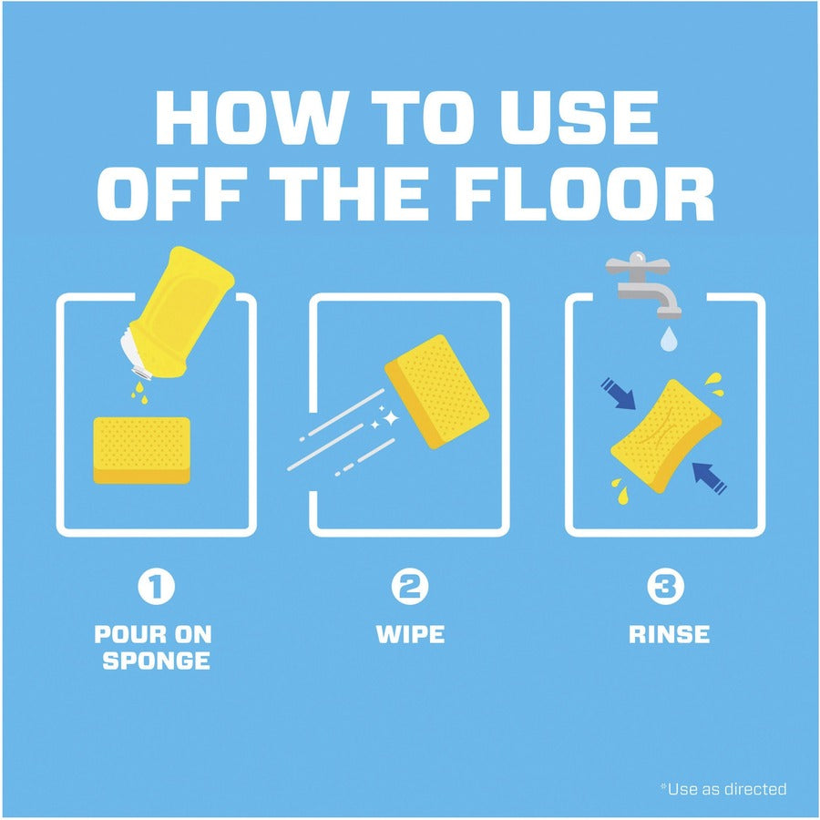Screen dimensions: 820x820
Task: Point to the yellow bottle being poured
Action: pos(178,313)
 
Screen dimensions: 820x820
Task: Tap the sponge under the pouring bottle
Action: pos(142,450)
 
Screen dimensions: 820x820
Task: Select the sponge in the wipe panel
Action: pos(436,392)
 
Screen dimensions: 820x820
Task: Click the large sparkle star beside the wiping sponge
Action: pos(390,418)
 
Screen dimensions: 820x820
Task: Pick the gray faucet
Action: pos(644,285)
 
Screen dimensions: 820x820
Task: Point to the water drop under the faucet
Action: pos(669,339)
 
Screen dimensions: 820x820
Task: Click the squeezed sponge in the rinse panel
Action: pos(666,436)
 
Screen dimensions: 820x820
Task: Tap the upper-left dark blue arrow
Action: pos(618,394)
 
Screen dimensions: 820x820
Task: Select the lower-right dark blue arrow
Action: pos(709,478)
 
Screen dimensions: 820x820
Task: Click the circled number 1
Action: pos(157,586)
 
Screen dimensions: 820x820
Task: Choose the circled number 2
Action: pos(410,586)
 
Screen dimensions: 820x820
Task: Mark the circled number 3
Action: pos(665,586)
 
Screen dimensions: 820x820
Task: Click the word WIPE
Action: pos(411,634)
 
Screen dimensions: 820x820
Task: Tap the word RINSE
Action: pos(669,634)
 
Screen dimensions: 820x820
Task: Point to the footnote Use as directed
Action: pos(723,789)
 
